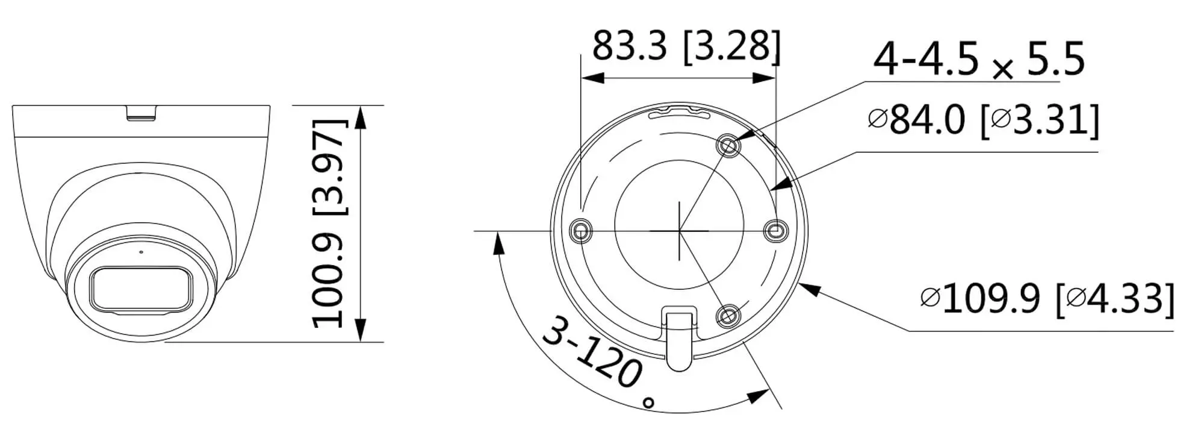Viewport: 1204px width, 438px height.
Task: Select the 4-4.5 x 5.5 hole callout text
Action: click(x=978, y=59)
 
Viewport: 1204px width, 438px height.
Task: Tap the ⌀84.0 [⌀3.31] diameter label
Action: click(x=983, y=120)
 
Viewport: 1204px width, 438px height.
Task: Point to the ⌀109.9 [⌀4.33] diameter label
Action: click(x=1047, y=298)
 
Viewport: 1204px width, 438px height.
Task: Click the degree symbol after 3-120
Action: click(x=648, y=402)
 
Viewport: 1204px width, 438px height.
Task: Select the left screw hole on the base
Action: click(x=580, y=230)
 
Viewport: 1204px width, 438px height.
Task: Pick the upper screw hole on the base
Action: click(x=728, y=145)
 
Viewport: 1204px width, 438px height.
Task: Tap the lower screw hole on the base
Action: click(x=728, y=315)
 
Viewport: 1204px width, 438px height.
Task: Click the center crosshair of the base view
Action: click(x=679, y=230)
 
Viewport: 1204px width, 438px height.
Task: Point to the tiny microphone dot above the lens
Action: click(x=141, y=251)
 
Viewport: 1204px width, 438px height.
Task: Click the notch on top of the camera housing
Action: click(x=142, y=112)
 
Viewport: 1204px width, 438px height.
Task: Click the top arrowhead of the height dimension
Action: click(x=360, y=117)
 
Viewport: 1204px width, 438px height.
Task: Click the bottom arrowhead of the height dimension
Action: click(x=360, y=331)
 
